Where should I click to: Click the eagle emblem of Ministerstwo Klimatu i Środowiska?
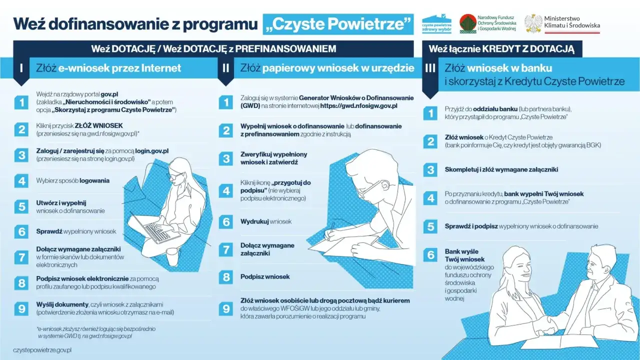[533, 23]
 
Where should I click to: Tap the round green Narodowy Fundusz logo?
[467, 23]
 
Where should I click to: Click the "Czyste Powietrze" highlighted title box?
[338, 24]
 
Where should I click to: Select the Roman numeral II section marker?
[226, 67]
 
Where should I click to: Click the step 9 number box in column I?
[21, 308]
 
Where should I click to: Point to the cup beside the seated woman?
[172, 257]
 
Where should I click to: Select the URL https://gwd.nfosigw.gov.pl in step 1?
[359, 106]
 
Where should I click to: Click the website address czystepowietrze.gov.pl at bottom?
[42, 350]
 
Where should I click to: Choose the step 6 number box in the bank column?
[430, 255]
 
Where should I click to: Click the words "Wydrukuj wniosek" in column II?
[266, 221]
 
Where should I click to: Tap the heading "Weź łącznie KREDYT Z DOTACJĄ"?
[501, 49]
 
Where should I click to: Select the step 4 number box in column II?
[226, 190]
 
